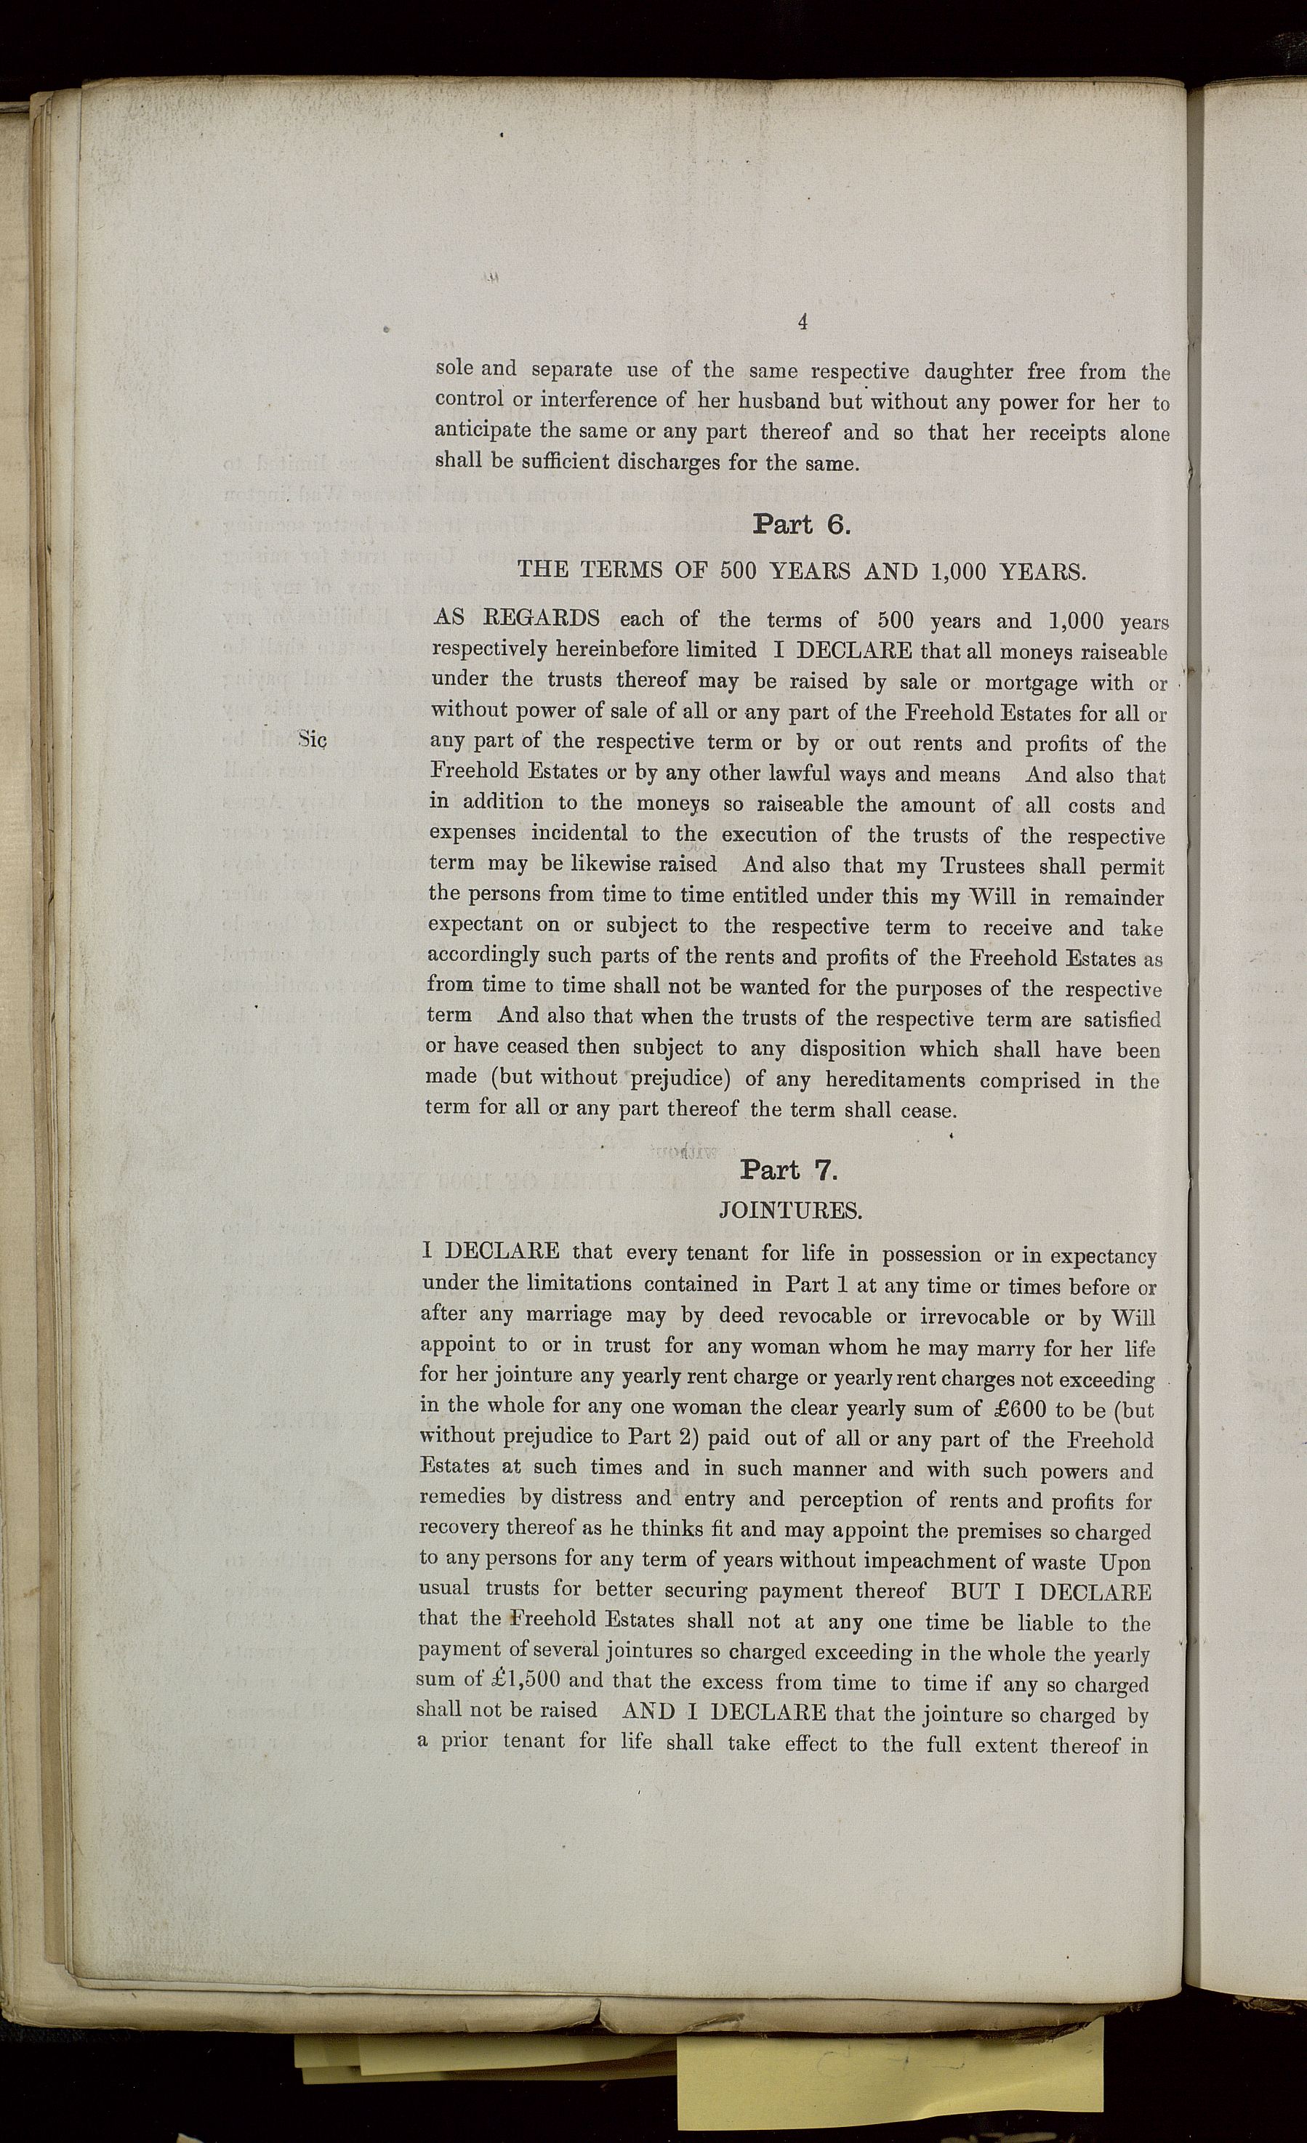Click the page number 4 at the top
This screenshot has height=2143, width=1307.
click(803, 323)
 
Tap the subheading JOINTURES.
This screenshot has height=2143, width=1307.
click(790, 1210)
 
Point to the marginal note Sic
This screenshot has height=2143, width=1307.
click(311, 740)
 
